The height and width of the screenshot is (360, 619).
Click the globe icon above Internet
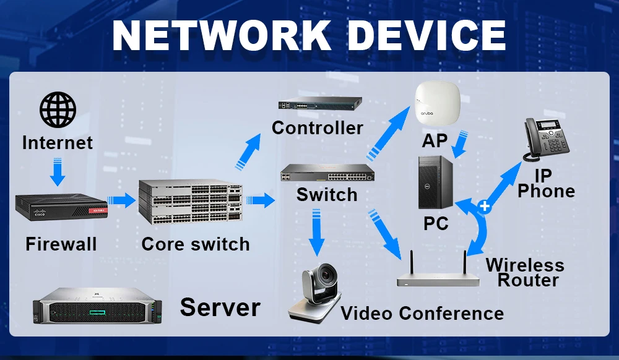(58, 110)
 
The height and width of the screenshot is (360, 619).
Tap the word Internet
(58, 143)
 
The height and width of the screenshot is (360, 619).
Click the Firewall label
(61, 244)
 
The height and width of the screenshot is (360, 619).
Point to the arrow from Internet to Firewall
(58, 171)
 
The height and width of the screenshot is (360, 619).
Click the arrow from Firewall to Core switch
(122, 200)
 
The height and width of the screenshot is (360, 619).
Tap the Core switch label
(196, 244)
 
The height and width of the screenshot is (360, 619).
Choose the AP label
(434, 141)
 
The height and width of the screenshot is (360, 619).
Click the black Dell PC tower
(436, 184)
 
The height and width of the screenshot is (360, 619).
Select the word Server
(220, 307)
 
